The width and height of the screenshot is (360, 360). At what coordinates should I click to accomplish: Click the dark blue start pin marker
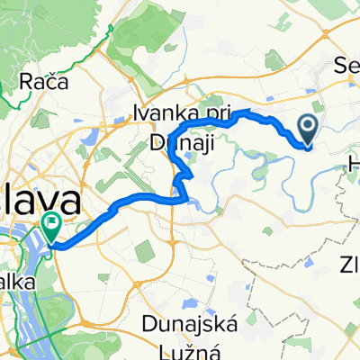tap(307, 130)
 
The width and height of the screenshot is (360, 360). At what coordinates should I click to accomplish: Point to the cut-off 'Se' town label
tap(344, 65)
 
